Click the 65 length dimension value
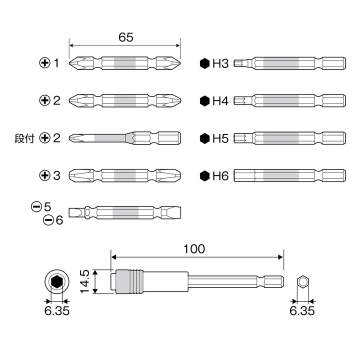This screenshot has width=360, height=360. pos(126,37)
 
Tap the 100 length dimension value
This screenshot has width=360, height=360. pos(194,249)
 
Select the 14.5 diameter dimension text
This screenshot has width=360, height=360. pos(84,281)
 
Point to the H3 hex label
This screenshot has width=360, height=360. pos(220,63)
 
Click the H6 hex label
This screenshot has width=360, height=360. pos(220,176)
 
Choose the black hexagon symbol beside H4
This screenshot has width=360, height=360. pos(204,101)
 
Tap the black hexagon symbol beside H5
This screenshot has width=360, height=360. pos(204,138)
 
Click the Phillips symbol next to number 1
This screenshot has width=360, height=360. pos(45,62)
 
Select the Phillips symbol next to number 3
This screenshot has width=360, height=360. pos(45,175)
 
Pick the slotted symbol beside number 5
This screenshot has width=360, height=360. pos(36,207)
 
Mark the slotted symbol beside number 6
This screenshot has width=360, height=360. pos(48,220)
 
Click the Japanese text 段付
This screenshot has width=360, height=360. pos(24,138)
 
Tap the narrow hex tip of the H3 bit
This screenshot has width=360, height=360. pos(240,63)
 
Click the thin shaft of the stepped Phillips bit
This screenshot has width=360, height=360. pos(109,138)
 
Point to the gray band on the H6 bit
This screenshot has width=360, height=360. pos(281,176)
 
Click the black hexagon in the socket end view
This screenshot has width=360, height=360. pos(57,281)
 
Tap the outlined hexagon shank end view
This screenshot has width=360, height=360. pos(303,281)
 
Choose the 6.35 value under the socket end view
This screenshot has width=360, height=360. pos(57,311)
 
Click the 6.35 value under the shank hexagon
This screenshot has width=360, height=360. pos(302,311)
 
